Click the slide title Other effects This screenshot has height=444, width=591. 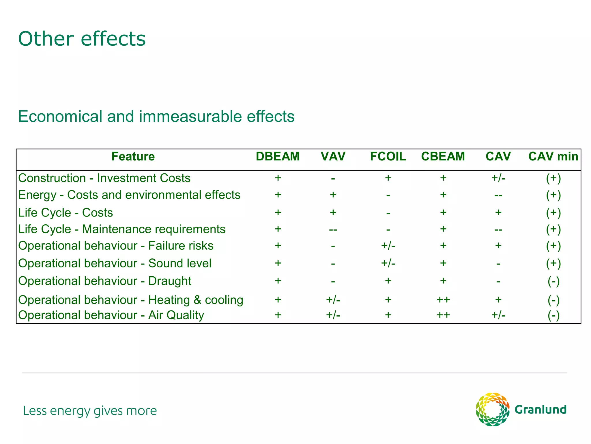point(82,39)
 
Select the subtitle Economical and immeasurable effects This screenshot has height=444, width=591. point(156,116)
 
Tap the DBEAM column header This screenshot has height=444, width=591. point(278,156)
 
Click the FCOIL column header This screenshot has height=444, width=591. point(388,156)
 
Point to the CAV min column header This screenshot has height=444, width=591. point(553,156)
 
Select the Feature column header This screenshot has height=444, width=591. point(133,156)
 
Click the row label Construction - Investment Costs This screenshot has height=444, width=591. point(104,178)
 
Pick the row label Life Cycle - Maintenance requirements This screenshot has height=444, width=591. point(121,229)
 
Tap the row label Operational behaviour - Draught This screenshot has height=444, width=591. point(105,281)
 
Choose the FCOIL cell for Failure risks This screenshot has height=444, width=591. point(388,246)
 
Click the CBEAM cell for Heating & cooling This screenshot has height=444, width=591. point(443,300)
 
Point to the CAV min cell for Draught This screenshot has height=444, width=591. point(553,281)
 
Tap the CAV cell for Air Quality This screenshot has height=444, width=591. point(498,315)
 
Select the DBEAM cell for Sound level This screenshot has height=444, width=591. point(278,263)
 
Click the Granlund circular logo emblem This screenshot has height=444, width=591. point(492,409)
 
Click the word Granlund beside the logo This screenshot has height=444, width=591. point(540,410)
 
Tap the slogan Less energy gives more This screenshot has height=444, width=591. point(90,411)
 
